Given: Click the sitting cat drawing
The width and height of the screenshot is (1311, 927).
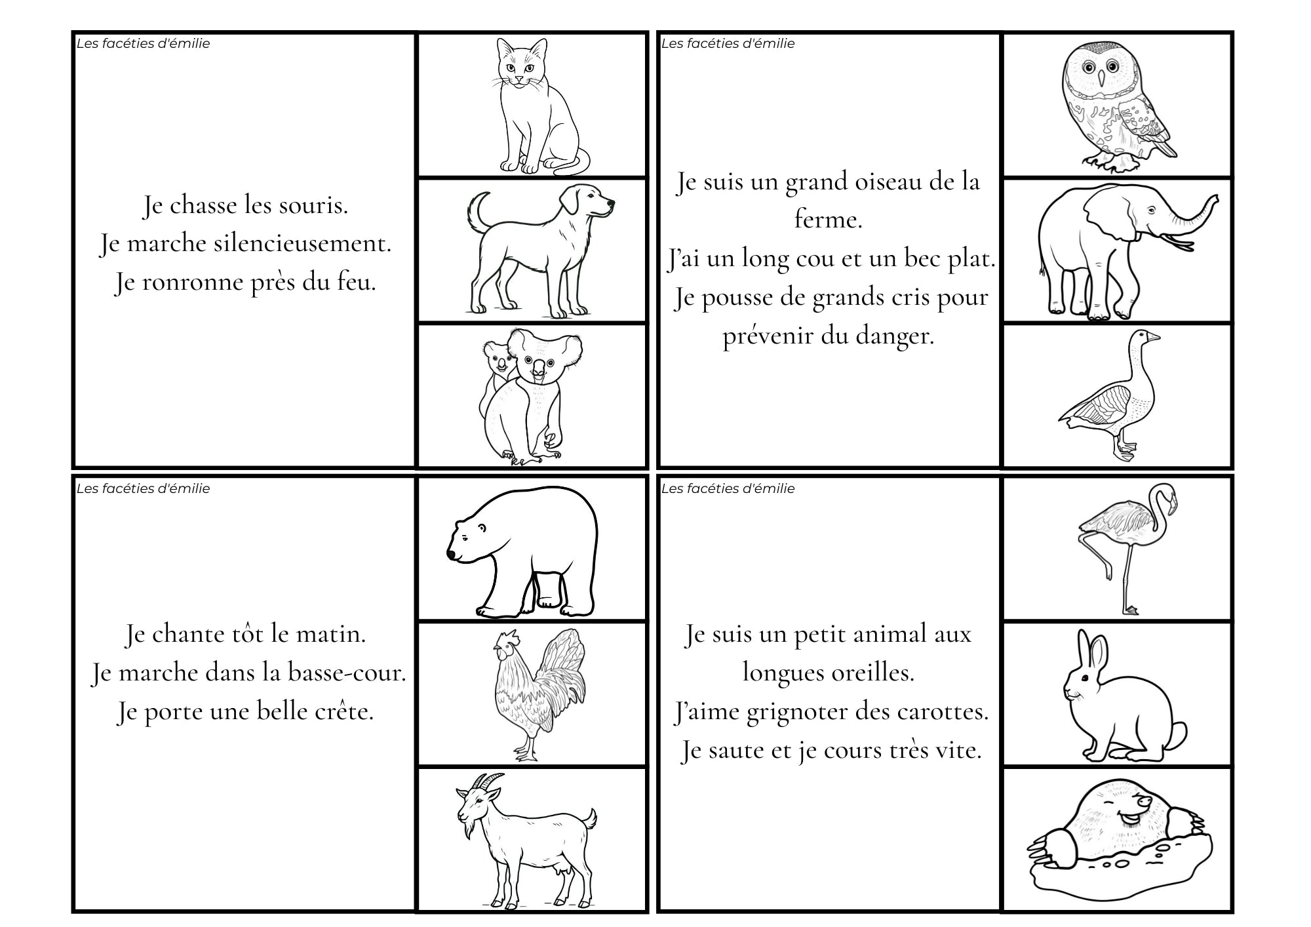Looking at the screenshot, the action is click(538, 108).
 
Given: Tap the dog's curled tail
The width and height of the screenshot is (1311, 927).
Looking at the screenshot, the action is click(477, 211).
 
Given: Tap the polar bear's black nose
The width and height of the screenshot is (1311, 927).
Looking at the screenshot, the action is click(452, 555).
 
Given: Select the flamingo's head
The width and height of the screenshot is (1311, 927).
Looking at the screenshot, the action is click(1165, 494).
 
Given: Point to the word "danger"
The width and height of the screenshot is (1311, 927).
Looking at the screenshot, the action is click(895, 336).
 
